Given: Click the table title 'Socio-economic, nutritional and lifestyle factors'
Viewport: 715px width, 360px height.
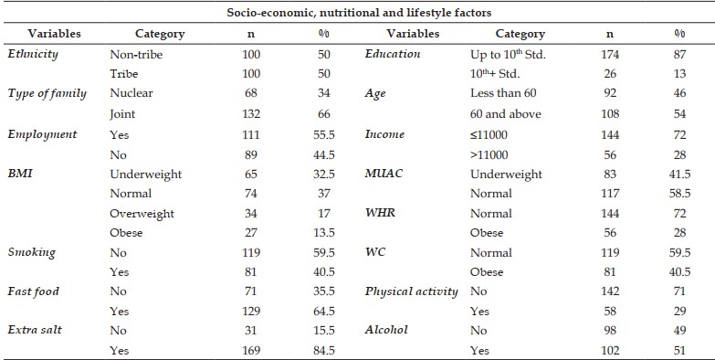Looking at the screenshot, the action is tap(359, 13).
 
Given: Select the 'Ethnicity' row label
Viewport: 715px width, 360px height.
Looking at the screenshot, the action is tap(33, 54).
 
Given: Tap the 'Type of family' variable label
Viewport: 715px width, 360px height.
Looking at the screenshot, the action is tap(47, 94).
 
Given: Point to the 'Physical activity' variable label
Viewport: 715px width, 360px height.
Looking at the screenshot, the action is tap(411, 291).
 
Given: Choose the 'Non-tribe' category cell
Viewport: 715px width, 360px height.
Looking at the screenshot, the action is tap(136, 55).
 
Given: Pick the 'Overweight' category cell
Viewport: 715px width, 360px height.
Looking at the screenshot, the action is tap(142, 214).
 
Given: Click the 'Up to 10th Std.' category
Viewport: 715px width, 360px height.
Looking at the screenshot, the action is tap(508, 54).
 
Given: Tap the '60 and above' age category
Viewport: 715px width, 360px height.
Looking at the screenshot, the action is tap(505, 113).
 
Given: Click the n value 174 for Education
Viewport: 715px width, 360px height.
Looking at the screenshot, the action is tap(610, 55).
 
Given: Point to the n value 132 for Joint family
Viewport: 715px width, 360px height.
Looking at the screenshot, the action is tap(251, 113).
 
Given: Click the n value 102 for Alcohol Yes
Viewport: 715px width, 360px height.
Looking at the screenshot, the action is tap(610, 351).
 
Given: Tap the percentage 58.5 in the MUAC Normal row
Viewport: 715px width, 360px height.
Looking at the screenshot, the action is tap(679, 194).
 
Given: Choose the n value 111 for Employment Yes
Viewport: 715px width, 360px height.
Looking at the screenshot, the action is tap(251, 134).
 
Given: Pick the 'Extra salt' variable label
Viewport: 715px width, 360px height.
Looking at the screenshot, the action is tap(35, 330).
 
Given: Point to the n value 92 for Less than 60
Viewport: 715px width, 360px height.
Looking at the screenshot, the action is tap(610, 93).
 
